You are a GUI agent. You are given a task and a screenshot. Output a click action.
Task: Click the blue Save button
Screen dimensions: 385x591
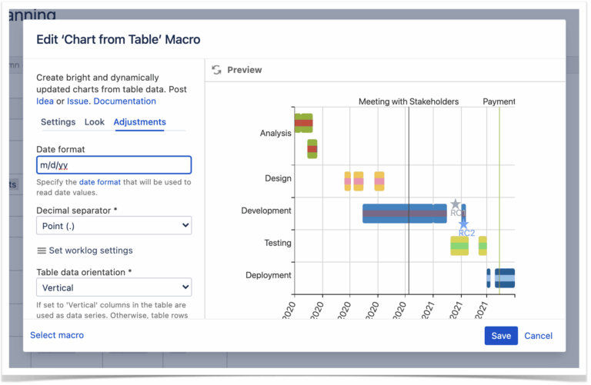tap(501, 336)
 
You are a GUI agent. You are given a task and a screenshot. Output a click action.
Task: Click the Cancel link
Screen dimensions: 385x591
tap(538, 336)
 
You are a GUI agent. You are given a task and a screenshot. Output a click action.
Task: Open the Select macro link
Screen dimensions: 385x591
tap(57, 335)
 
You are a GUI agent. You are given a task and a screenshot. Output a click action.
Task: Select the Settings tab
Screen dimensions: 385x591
tap(58, 122)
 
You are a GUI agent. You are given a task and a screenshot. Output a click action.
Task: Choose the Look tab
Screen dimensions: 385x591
tap(95, 122)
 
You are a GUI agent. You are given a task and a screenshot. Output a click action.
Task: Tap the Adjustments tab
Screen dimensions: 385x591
tap(139, 122)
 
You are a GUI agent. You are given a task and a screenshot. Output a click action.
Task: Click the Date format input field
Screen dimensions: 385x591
tap(114, 165)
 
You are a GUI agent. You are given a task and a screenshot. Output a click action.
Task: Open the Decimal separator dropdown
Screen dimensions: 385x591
tap(114, 225)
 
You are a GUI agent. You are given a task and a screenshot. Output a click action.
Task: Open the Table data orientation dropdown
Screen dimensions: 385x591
tap(114, 287)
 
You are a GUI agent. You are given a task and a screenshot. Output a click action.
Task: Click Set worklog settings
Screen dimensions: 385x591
tap(85, 251)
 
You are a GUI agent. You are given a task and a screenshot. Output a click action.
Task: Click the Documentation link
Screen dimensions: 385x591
tap(125, 101)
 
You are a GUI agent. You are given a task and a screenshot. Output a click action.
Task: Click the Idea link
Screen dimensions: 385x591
tap(45, 101)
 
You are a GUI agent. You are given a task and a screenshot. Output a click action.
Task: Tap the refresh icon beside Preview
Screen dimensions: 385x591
tap(216, 70)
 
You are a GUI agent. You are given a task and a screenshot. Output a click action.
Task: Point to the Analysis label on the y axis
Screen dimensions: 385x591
tap(275, 133)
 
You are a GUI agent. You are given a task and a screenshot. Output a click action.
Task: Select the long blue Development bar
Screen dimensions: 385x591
tap(400, 213)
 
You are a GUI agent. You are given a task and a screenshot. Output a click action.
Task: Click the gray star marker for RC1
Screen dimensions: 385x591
tap(455, 205)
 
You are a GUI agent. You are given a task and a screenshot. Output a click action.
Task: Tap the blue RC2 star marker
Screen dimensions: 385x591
tap(463, 223)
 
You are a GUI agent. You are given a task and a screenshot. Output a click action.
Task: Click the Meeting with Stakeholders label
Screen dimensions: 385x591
tap(408, 101)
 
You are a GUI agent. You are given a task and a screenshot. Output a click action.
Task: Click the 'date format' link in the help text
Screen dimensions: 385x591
tap(97, 182)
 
